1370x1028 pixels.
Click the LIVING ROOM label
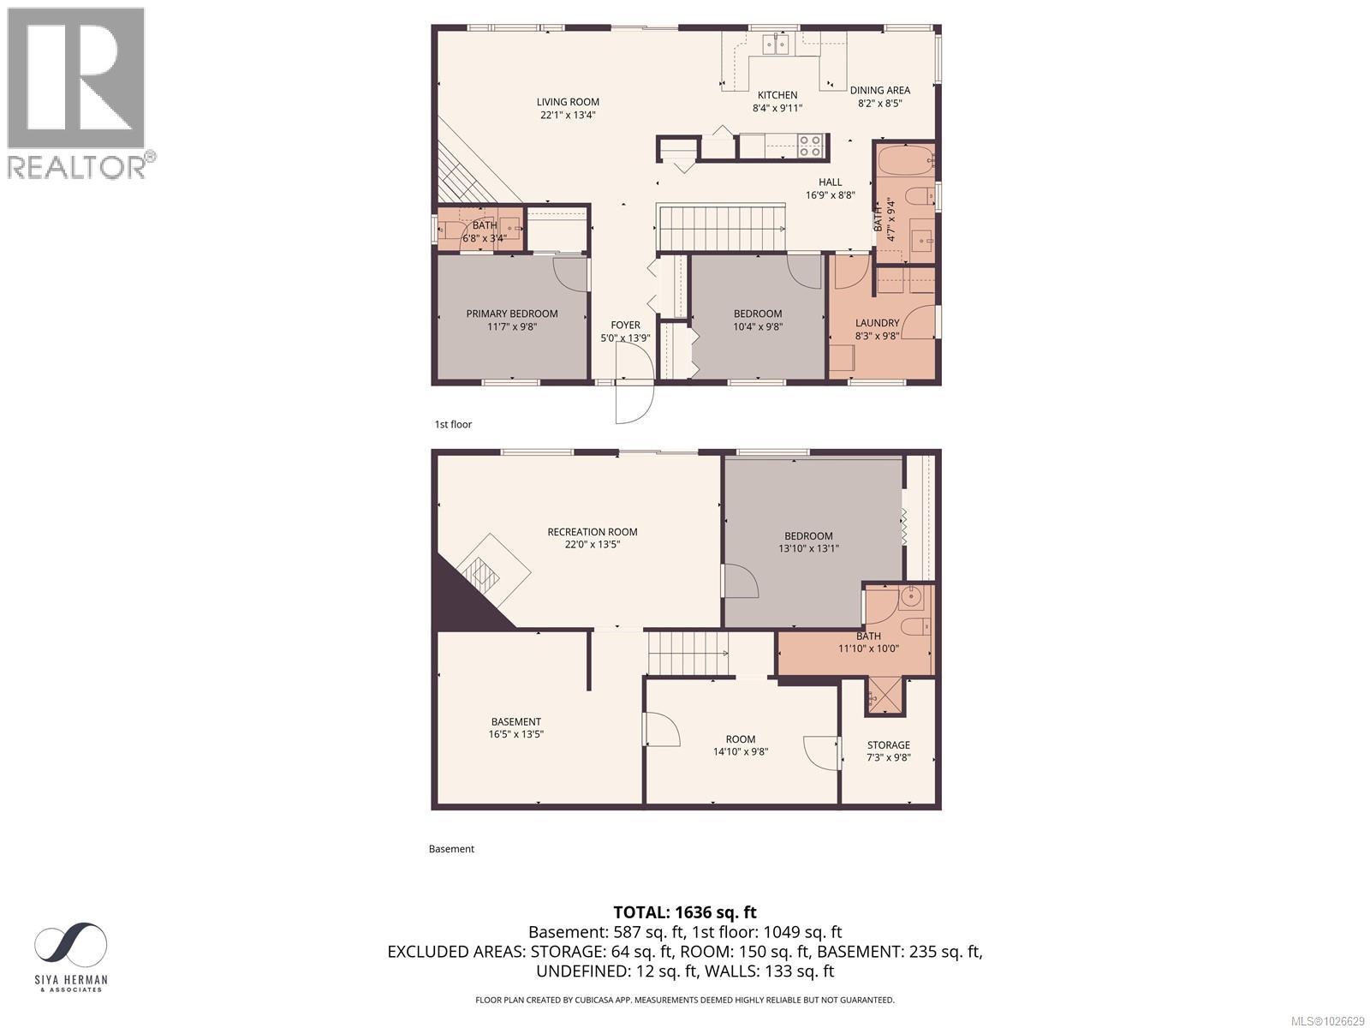568,102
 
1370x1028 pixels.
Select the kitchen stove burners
810,146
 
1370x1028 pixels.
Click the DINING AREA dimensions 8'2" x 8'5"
879,104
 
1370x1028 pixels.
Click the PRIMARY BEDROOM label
511,314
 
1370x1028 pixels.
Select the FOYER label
625,325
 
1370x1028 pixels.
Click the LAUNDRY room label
877,323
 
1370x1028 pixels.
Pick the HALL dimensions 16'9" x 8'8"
830,194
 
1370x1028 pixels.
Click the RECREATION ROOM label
592,532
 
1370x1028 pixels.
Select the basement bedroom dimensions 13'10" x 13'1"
807,548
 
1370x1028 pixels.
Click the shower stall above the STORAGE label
885,696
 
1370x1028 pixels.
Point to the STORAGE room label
888,744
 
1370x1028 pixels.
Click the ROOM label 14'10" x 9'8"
740,738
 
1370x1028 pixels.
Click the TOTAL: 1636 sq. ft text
684,912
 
